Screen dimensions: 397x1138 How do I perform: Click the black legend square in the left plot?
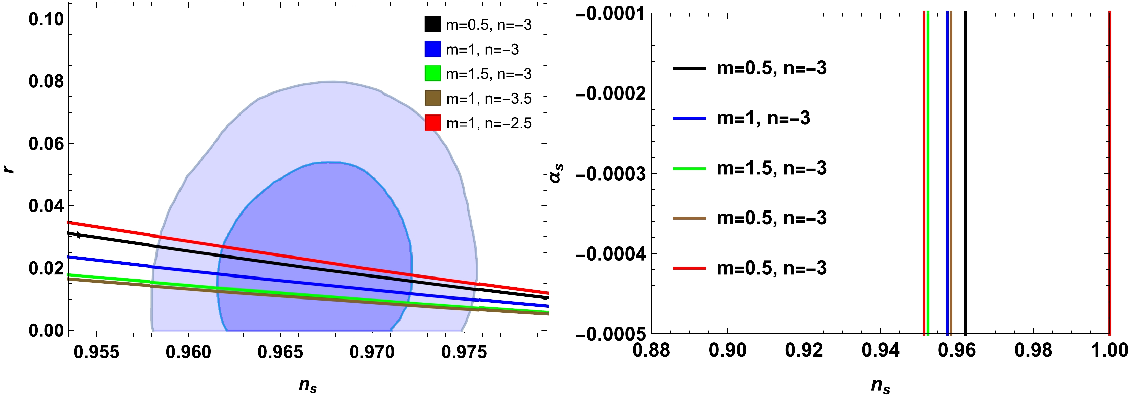(x=433, y=24)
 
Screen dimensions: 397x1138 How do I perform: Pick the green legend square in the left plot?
(x=433, y=73)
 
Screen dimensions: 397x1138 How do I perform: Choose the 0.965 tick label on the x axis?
(x=280, y=352)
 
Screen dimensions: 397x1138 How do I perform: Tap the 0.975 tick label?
(x=464, y=352)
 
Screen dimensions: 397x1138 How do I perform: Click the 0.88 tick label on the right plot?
(x=651, y=350)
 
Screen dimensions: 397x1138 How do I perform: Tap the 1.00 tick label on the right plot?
(x=1109, y=350)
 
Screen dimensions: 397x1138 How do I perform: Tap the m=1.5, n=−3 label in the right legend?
(x=771, y=168)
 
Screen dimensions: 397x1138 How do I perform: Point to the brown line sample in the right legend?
(x=689, y=218)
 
